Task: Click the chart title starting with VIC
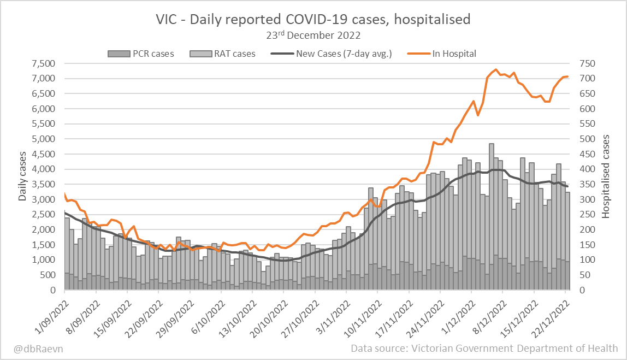pyautogui.click(x=313, y=20)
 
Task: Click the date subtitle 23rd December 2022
pyautogui.click(x=313, y=36)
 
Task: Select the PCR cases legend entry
pyautogui.click(x=141, y=54)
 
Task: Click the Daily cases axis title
pyautogui.click(x=22, y=176)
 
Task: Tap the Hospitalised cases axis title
pyautogui.click(x=606, y=176)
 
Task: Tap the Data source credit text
pyautogui.click(x=484, y=348)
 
